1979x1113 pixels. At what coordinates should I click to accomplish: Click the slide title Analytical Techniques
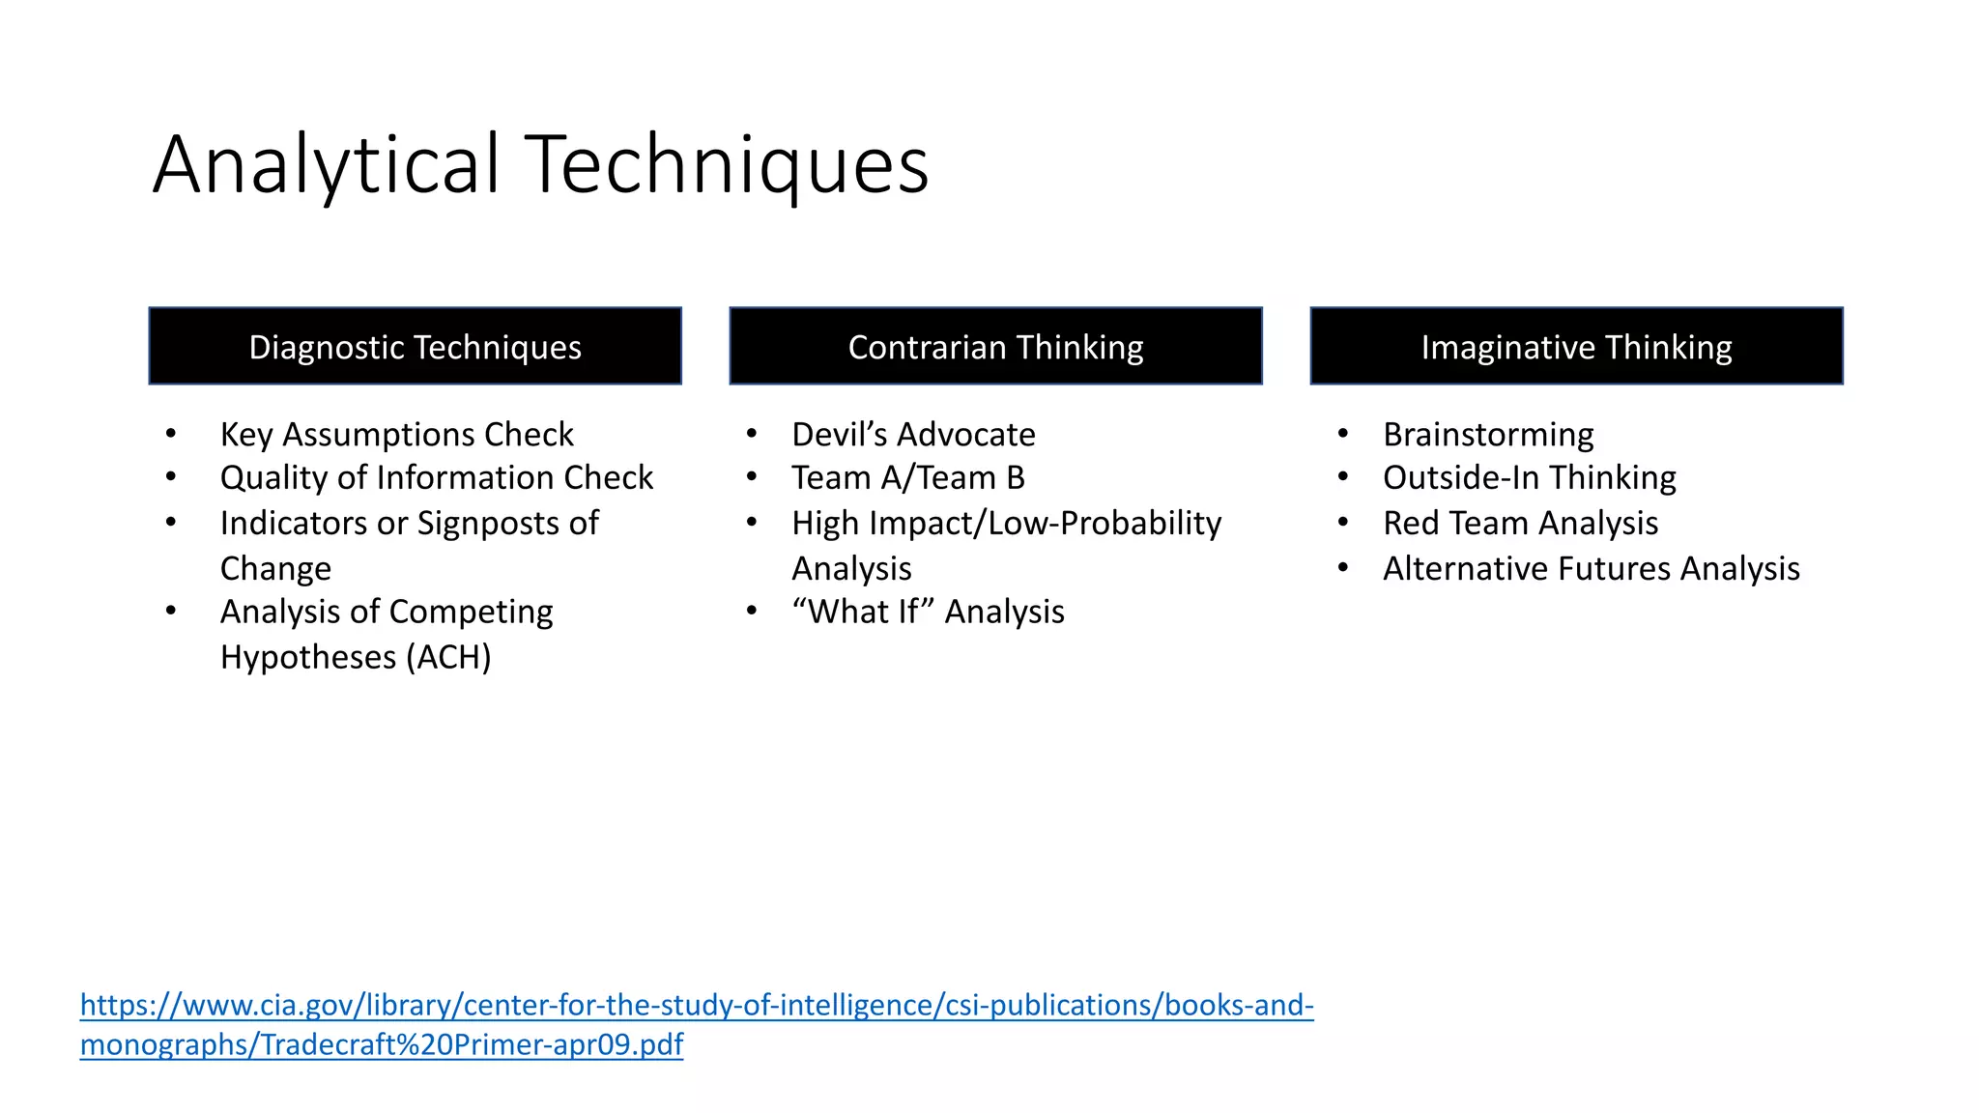click(540, 164)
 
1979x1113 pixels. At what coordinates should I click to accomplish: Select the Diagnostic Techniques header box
click(415, 347)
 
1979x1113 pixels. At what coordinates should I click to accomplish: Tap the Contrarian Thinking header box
click(995, 347)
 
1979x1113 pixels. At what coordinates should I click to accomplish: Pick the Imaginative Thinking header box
click(1576, 347)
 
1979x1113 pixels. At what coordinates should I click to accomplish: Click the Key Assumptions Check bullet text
click(396, 435)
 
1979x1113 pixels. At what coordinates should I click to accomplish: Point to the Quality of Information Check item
click(437, 478)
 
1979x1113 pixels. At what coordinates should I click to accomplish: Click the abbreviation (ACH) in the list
click(448, 658)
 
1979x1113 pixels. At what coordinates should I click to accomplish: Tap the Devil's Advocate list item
click(913, 435)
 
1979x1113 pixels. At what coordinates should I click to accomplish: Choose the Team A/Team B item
click(907, 478)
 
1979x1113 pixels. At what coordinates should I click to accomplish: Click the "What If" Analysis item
click(928, 613)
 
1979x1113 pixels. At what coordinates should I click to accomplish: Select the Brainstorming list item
click(1488, 435)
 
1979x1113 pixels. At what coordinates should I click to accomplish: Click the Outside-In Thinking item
click(1530, 478)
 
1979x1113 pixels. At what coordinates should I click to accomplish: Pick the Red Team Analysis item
click(1520, 524)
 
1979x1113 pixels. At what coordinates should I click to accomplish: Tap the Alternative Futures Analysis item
click(1592, 569)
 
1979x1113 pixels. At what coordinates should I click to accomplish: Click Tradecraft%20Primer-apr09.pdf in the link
click(472, 1045)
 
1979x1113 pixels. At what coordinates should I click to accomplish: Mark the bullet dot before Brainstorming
click(1343, 434)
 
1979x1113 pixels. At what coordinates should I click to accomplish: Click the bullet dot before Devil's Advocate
click(752, 434)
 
